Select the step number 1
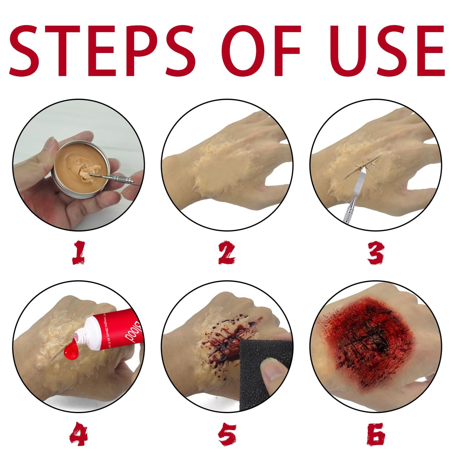click(79, 253)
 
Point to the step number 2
click(227, 253)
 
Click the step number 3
click(376, 253)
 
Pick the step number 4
click(79, 435)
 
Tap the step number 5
click(227, 435)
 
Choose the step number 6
click(376, 435)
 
